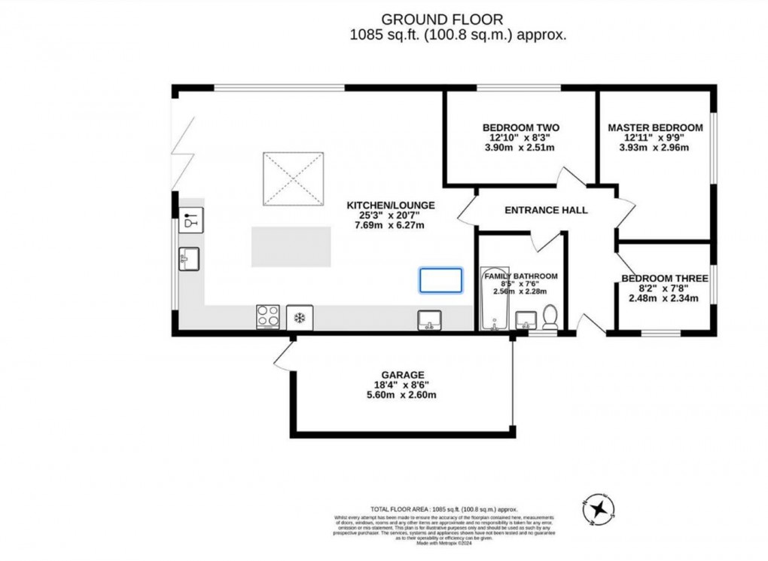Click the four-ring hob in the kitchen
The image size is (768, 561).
click(x=267, y=316)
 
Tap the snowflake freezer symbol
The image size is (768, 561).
click(x=299, y=317)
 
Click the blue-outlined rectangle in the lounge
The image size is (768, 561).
click(x=440, y=280)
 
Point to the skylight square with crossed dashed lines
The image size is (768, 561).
click(x=294, y=178)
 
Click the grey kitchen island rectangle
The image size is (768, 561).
click(x=291, y=246)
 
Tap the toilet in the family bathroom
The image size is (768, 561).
click(x=550, y=318)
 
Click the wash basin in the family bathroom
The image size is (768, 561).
click(x=525, y=322)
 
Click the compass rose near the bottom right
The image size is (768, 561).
click(x=599, y=509)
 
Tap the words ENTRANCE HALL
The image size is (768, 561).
click(x=546, y=210)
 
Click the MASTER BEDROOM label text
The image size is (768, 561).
click(x=655, y=127)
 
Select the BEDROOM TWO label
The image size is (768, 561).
click(x=520, y=127)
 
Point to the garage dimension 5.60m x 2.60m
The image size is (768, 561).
click(x=402, y=395)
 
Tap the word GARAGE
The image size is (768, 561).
click(x=403, y=374)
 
